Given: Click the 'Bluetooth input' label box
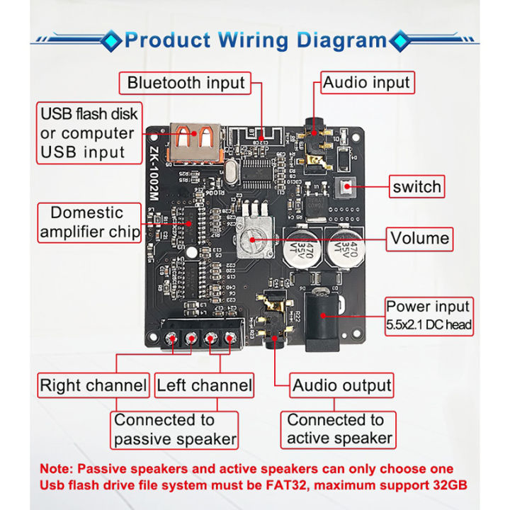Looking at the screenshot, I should (186, 83).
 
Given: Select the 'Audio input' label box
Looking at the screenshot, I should (366, 83).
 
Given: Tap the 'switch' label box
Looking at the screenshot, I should (416, 188).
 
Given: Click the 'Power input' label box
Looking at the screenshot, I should (428, 315).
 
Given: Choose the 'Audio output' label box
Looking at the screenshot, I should (341, 386).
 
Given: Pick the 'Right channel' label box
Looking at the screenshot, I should (93, 386).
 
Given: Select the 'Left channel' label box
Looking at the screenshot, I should (204, 386).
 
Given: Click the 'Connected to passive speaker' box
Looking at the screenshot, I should (175, 429).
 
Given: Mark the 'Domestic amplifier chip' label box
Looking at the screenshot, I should (89, 222).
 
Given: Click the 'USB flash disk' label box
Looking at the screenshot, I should (89, 133).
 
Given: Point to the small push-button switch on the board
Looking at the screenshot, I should (348, 188).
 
